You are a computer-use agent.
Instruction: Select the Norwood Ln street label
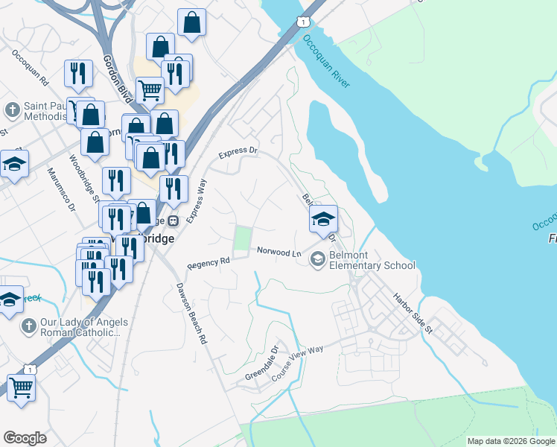point(278,253)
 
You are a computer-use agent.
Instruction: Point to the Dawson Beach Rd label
point(191,313)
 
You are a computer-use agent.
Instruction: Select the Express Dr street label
point(238,153)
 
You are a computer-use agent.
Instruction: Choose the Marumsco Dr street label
point(62,190)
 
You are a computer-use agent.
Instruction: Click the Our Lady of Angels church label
point(74,327)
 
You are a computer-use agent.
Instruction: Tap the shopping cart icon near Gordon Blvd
point(150,90)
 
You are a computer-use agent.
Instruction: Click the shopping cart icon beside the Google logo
point(21,387)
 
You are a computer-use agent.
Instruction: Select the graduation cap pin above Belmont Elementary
point(323,219)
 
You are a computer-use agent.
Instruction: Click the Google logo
point(25,438)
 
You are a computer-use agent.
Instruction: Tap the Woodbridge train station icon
point(173,221)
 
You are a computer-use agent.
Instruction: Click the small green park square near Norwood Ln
point(243,238)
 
